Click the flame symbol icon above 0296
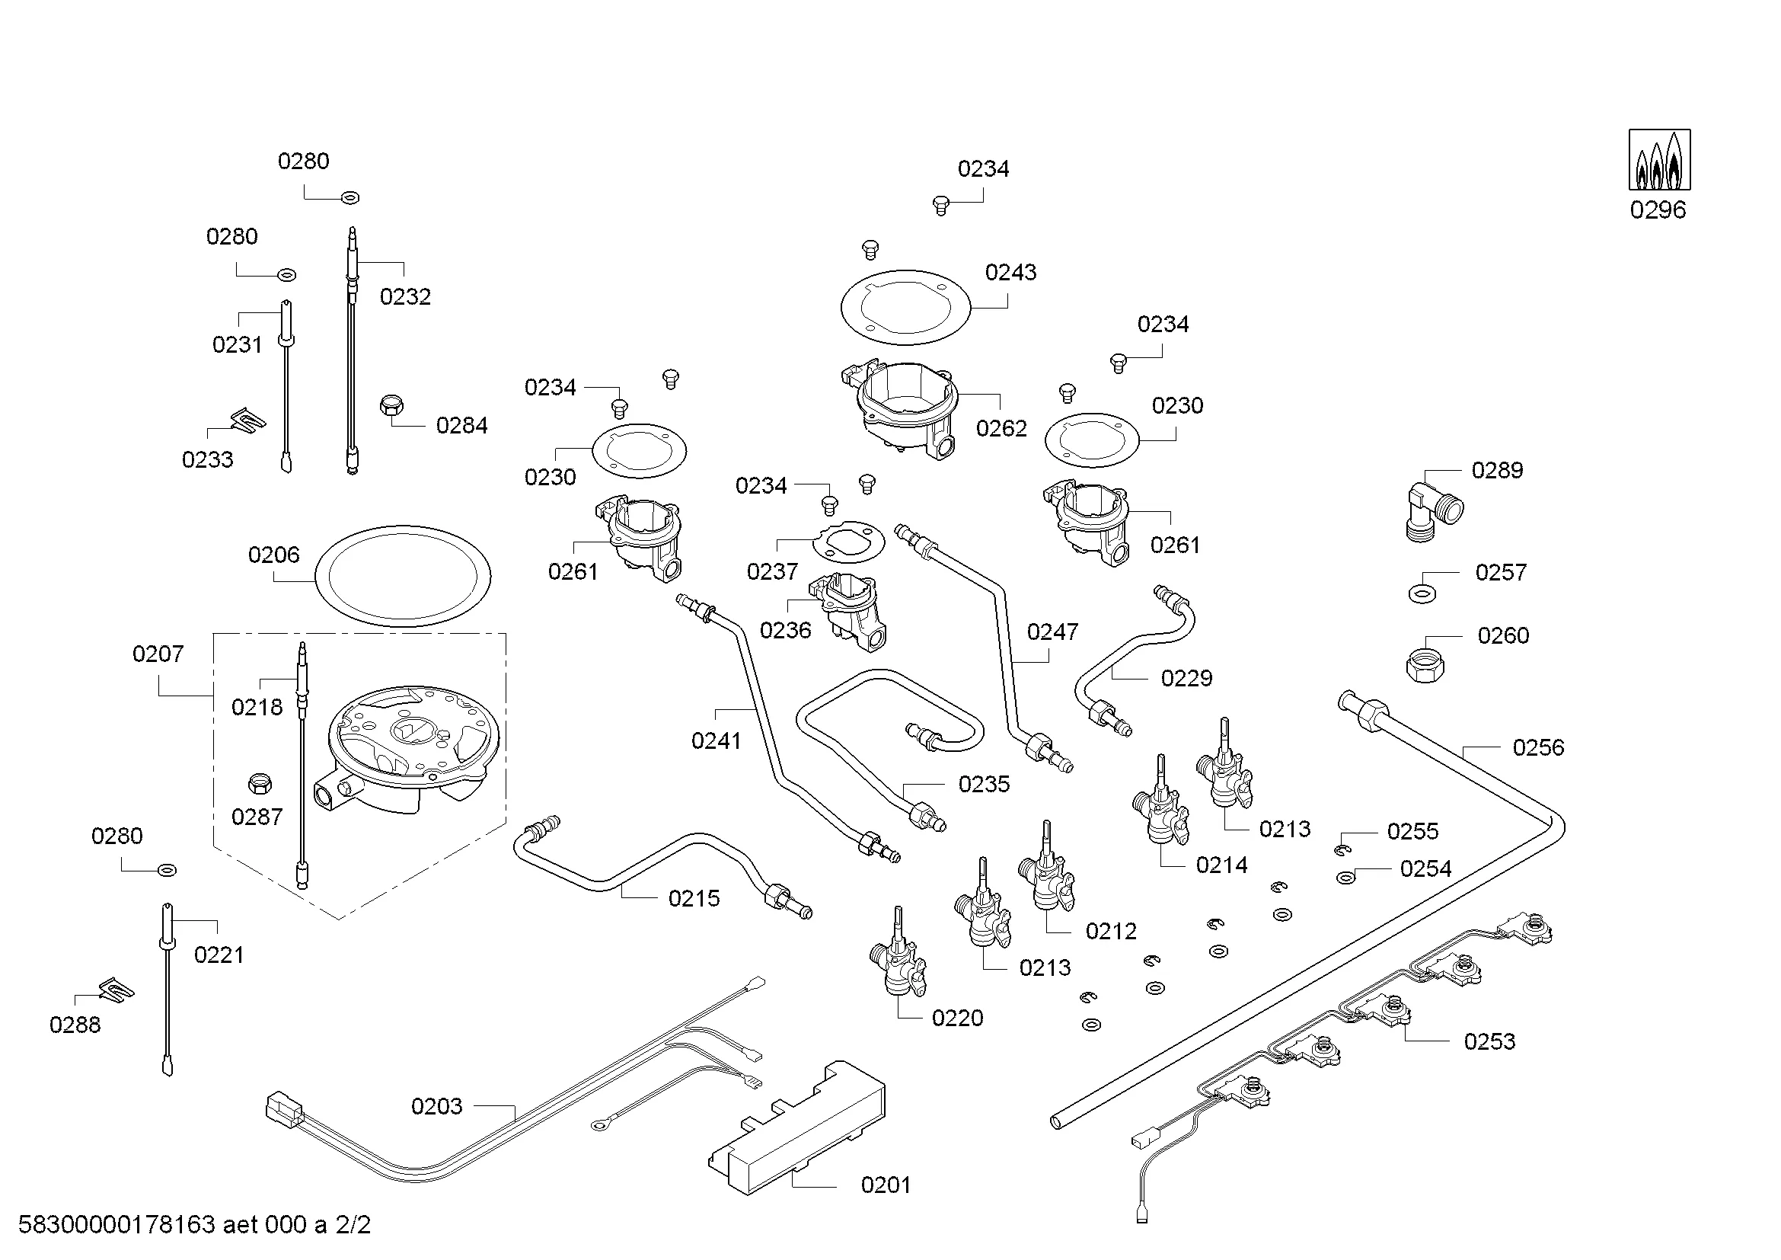(x=1659, y=161)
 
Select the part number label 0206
(x=274, y=555)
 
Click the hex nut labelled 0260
(x=1425, y=661)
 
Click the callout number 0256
(x=1537, y=748)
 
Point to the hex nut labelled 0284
(x=391, y=405)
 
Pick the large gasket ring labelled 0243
(x=905, y=307)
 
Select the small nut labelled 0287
(x=259, y=784)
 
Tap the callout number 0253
(x=1489, y=1041)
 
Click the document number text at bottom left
(x=194, y=1225)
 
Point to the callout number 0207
(x=158, y=654)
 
